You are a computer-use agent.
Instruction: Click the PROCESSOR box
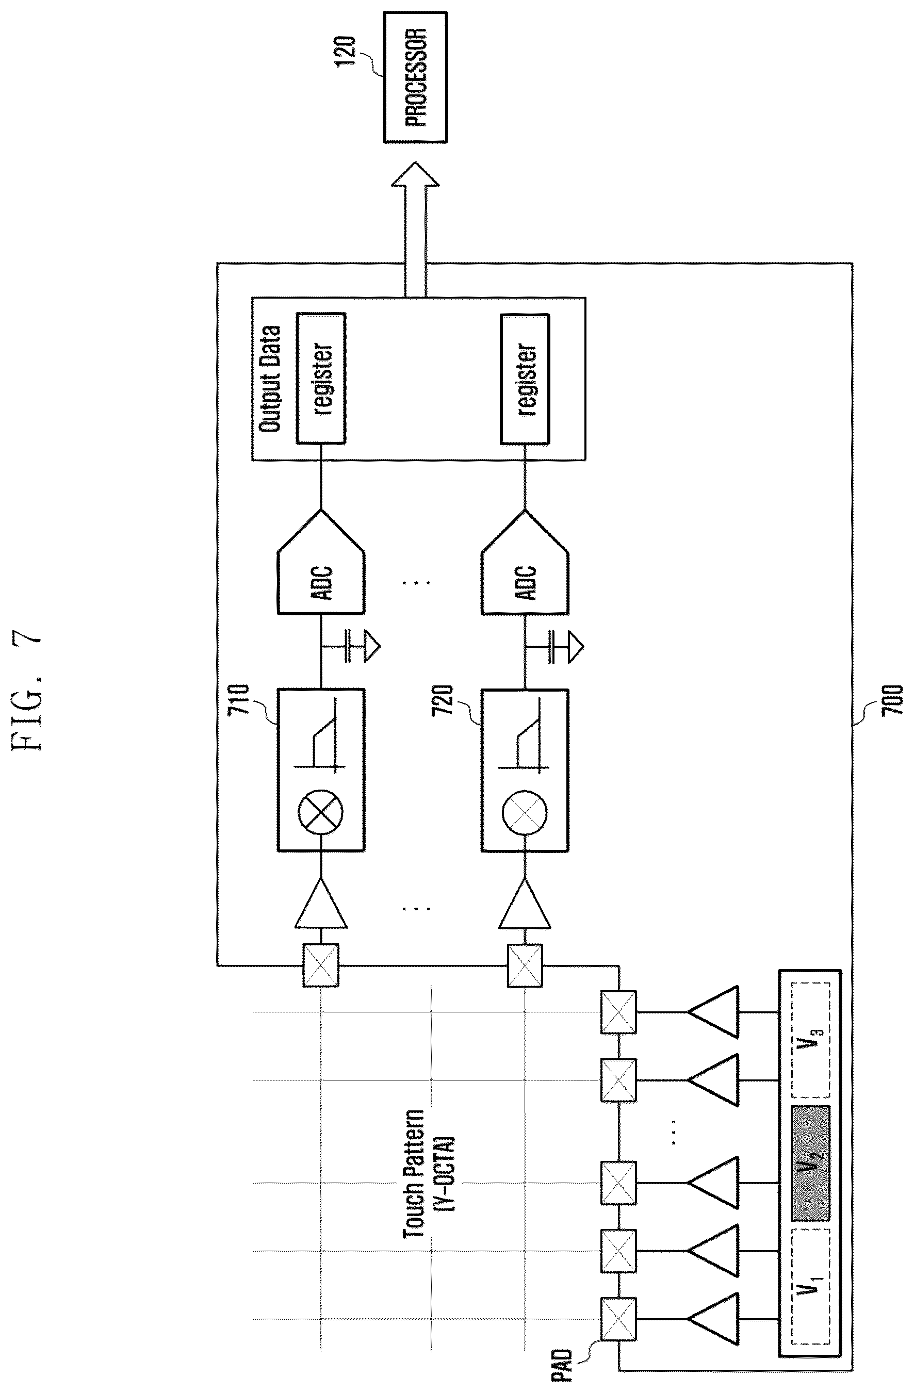click(x=415, y=77)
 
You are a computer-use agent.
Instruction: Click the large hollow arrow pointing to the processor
click(x=415, y=230)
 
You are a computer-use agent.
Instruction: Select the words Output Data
click(x=270, y=379)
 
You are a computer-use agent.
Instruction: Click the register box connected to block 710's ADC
click(x=321, y=378)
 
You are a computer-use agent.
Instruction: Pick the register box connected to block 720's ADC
click(x=525, y=379)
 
